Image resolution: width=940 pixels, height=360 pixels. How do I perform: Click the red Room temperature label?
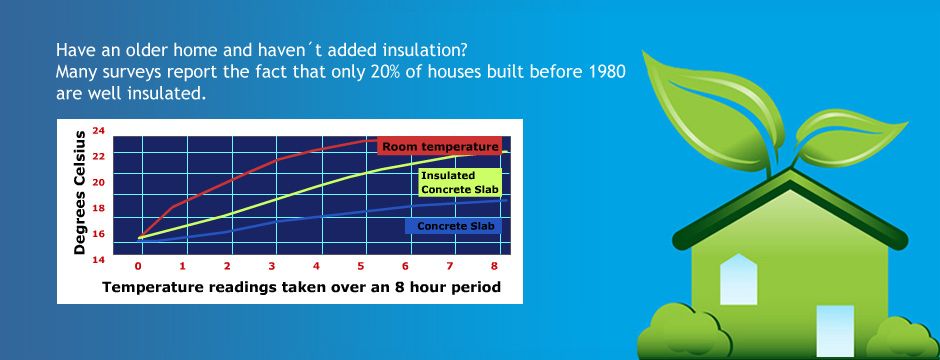438,146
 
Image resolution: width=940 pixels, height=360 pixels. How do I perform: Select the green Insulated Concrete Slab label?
458,182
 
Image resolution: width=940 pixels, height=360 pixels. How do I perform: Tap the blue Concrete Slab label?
456,226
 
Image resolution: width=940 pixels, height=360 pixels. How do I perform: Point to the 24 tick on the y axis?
98,131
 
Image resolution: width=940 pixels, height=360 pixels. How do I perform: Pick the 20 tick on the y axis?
98,182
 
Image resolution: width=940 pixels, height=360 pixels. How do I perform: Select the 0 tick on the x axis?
138,267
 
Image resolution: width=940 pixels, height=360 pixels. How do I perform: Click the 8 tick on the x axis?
494,267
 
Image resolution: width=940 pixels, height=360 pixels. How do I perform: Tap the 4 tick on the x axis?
316,267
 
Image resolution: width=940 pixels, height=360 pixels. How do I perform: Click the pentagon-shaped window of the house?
738,272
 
